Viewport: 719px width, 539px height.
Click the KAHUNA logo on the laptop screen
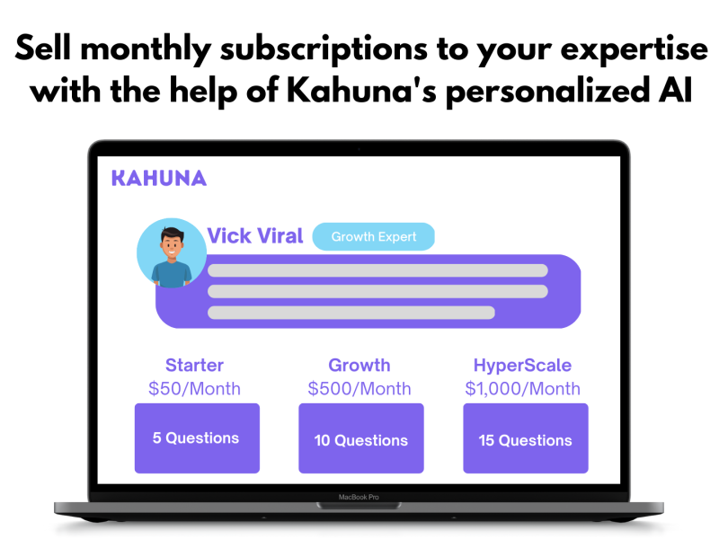pyautogui.click(x=159, y=178)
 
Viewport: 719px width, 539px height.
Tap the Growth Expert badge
pyautogui.click(x=373, y=236)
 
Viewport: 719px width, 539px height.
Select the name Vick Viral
pyautogui.click(x=255, y=236)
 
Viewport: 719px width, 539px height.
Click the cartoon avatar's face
pyautogui.click(x=172, y=243)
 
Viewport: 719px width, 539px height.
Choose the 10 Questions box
pyautogui.click(x=361, y=438)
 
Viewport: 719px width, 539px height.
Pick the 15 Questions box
pyautogui.click(x=526, y=438)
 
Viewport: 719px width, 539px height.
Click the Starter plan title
pyautogui.click(x=194, y=366)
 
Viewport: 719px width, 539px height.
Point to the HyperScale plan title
pyautogui.click(x=522, y=366)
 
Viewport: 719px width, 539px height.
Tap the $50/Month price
pyautogui.click(x=194, y=389)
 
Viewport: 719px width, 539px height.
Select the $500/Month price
pyautogui.click(x=359, y=389)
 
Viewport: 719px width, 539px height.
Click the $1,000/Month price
pyautogui.click(x=523, y=389)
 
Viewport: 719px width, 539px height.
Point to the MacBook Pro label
pyautogui.click(x=359, y=497)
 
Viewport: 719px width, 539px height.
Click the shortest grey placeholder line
pyautogui.click(x=351, y=313)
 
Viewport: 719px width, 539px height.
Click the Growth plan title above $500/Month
pyautogui.click(x=359, y=366)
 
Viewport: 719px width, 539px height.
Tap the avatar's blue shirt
pyautogui.click(x=172, y=274)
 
